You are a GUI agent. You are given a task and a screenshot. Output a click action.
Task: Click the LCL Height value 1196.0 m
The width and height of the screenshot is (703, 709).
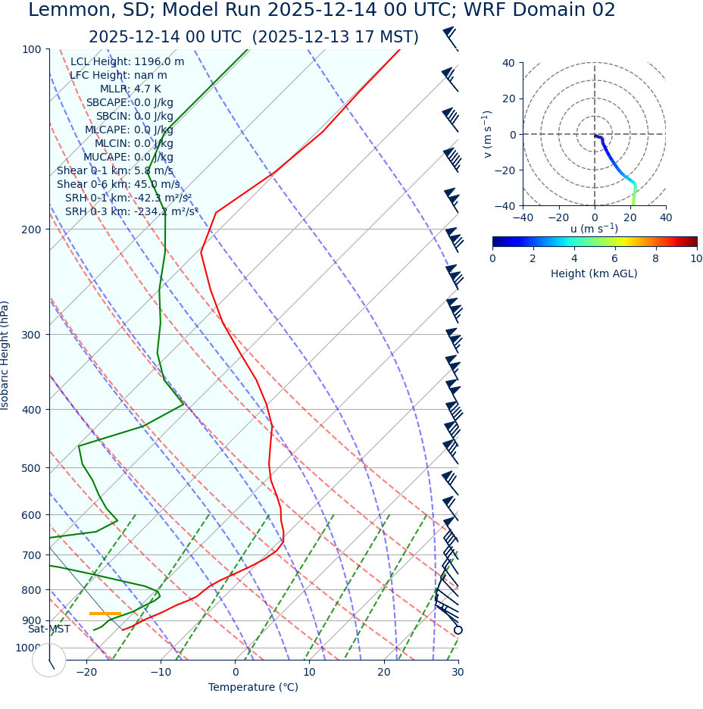click(x=159, y=62)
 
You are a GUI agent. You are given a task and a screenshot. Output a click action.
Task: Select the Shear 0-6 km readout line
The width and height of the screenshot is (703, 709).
click(x=118, y=184)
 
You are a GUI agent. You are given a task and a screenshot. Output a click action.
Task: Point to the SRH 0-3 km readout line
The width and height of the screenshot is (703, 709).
click(x=131, y=211)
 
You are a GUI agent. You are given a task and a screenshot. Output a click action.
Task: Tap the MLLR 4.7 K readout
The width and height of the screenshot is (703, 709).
click(x=130, y=89)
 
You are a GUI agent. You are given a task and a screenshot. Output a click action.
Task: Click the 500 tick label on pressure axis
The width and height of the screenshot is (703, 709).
click(x=32, y=468)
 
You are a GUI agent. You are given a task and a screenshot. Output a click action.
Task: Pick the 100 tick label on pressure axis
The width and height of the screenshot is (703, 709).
click(x=32, y=49)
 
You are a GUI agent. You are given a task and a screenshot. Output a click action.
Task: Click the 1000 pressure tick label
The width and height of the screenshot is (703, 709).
click(x=29, y=648)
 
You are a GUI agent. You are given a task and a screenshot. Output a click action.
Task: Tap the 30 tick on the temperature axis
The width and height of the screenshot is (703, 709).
click(x=458, y=672)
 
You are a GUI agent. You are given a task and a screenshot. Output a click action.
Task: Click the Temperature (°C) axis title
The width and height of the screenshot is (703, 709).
click(x=253, y=687)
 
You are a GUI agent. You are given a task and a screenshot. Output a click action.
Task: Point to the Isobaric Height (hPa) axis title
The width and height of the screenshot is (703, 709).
click(x=5, y=355)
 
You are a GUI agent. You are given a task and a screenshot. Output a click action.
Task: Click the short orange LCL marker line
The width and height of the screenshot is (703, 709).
click(x=105, y=614)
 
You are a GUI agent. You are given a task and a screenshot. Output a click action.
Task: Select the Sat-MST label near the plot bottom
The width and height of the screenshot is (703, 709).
click(x=49, y=629)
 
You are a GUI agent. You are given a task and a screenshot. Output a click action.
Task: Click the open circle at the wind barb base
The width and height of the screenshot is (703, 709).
click(x=458, y=629)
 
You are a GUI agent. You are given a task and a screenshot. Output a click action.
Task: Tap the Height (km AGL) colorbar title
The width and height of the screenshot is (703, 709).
click(x=594, y=273)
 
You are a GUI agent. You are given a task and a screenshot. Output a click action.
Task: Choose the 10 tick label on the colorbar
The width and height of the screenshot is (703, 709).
click(x=696, y=258)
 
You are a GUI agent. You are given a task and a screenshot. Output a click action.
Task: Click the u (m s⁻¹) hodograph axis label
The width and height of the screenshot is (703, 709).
click(x=594, y=229)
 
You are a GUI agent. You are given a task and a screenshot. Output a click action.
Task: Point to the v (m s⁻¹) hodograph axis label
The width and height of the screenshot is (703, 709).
click(x=487, y=134)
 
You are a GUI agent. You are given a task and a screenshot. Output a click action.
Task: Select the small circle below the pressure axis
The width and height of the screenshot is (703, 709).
click(x=49, y=660)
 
